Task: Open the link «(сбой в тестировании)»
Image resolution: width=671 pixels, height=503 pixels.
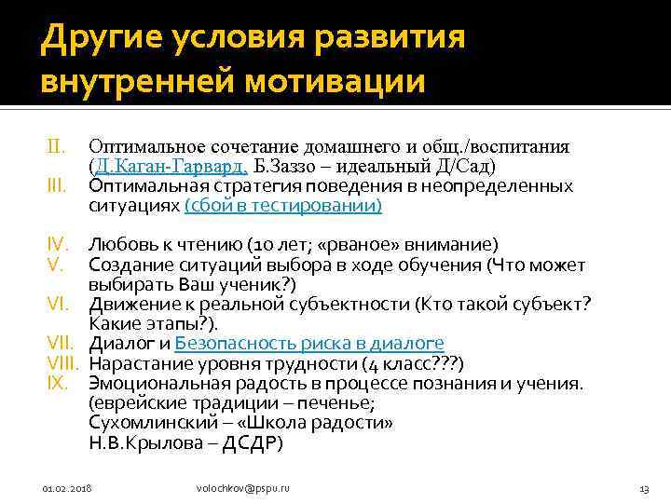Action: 283,206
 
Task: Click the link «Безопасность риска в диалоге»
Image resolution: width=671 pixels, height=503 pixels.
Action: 309,343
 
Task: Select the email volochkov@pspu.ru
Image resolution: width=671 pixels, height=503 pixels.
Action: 243,488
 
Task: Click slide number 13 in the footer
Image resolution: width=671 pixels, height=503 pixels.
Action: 644,488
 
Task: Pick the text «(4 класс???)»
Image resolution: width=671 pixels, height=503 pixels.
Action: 416,363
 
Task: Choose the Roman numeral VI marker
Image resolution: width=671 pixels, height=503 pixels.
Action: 58,304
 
